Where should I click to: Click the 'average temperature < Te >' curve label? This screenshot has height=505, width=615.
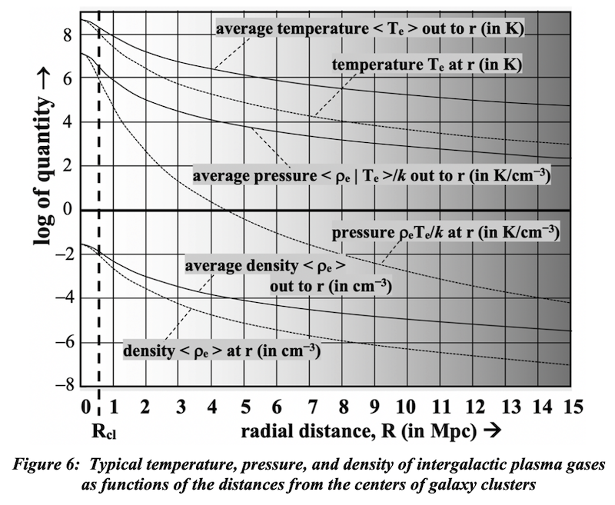point(376,30)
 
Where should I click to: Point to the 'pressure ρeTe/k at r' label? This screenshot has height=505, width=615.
point(444,230)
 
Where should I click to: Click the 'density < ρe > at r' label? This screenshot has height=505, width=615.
point(221,351)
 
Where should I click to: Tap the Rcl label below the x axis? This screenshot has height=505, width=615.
point(99,432)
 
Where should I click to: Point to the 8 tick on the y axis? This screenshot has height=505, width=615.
point(68,35)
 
